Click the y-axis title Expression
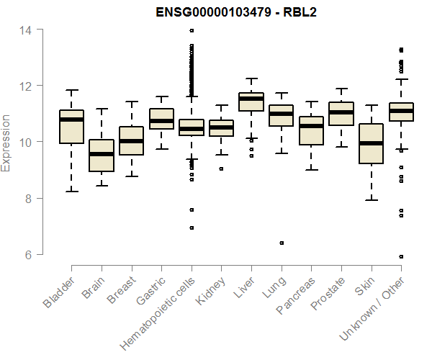pos(6,142)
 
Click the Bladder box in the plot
pos(71,127)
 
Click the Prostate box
pos(341,114)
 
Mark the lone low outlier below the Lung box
pos(282,243)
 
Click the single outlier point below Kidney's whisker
pos(221,168)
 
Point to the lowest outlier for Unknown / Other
pos(401,256)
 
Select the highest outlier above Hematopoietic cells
pos(192,30)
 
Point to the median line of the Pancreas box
pos(311,126)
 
